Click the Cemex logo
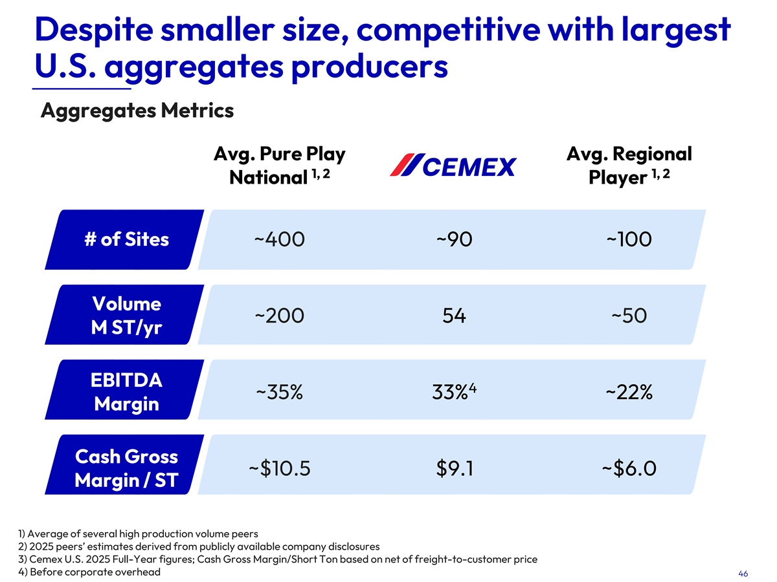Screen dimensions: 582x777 [x=453, y=166]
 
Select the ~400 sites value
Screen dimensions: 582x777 [x=279, y=240]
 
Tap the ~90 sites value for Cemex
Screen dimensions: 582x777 [x=454, y=240]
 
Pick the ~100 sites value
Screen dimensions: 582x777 [x=629, y=240]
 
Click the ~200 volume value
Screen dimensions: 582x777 [x=279, y=316]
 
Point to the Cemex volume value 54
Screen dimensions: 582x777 [x=454, y=316]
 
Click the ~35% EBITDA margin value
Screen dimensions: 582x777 [x=279, y=392]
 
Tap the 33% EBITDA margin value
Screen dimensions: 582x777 [x=453, y=392]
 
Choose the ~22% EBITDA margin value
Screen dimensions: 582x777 [x=629, y=392]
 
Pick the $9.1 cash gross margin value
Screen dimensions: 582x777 [x=454, y=468]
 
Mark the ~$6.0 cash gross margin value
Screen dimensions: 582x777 [x=629, y=468]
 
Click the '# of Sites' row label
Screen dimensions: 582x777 [x=126, y=240]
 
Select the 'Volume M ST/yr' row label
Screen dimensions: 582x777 [x=126, y=316]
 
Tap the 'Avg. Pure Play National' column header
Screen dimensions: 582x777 [x=279, y=166]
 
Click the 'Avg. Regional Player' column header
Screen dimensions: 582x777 [x=629, y=166]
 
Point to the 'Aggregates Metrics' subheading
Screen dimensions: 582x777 [x=137, y=111]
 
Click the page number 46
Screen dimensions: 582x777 [x=743, y=574]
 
